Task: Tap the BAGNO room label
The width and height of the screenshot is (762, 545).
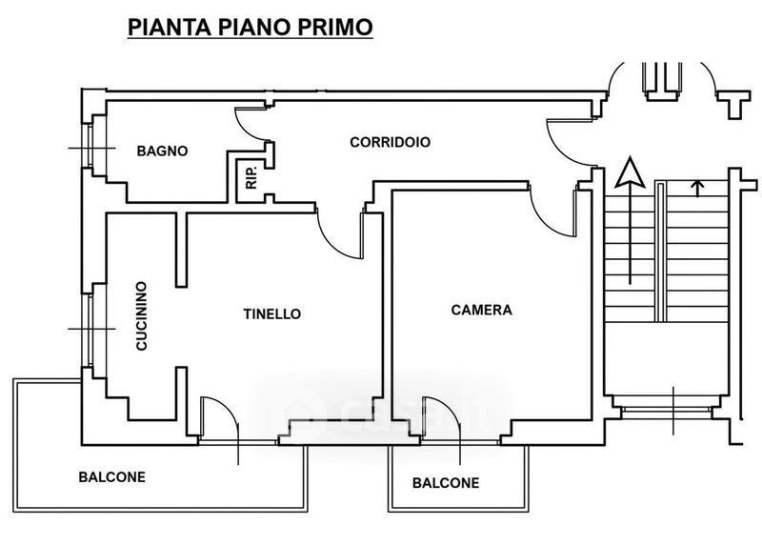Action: tap(162, 151)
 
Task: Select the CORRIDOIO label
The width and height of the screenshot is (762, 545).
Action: tap(391, 142)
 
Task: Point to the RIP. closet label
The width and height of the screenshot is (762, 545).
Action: tap(251, 177)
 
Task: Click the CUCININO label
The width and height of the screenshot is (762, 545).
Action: tap(141, 315)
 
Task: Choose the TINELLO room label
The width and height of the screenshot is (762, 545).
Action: tap(272, 314)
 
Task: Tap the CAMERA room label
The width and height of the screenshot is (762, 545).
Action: tap(482, 311)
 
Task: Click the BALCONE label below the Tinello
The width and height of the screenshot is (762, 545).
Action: tap(111, 477)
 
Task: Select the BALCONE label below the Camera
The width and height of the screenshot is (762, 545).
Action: tap(446, 483)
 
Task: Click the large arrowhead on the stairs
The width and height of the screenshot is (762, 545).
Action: tap(631, 172)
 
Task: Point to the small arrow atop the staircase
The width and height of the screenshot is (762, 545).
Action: tap(698, 189)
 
